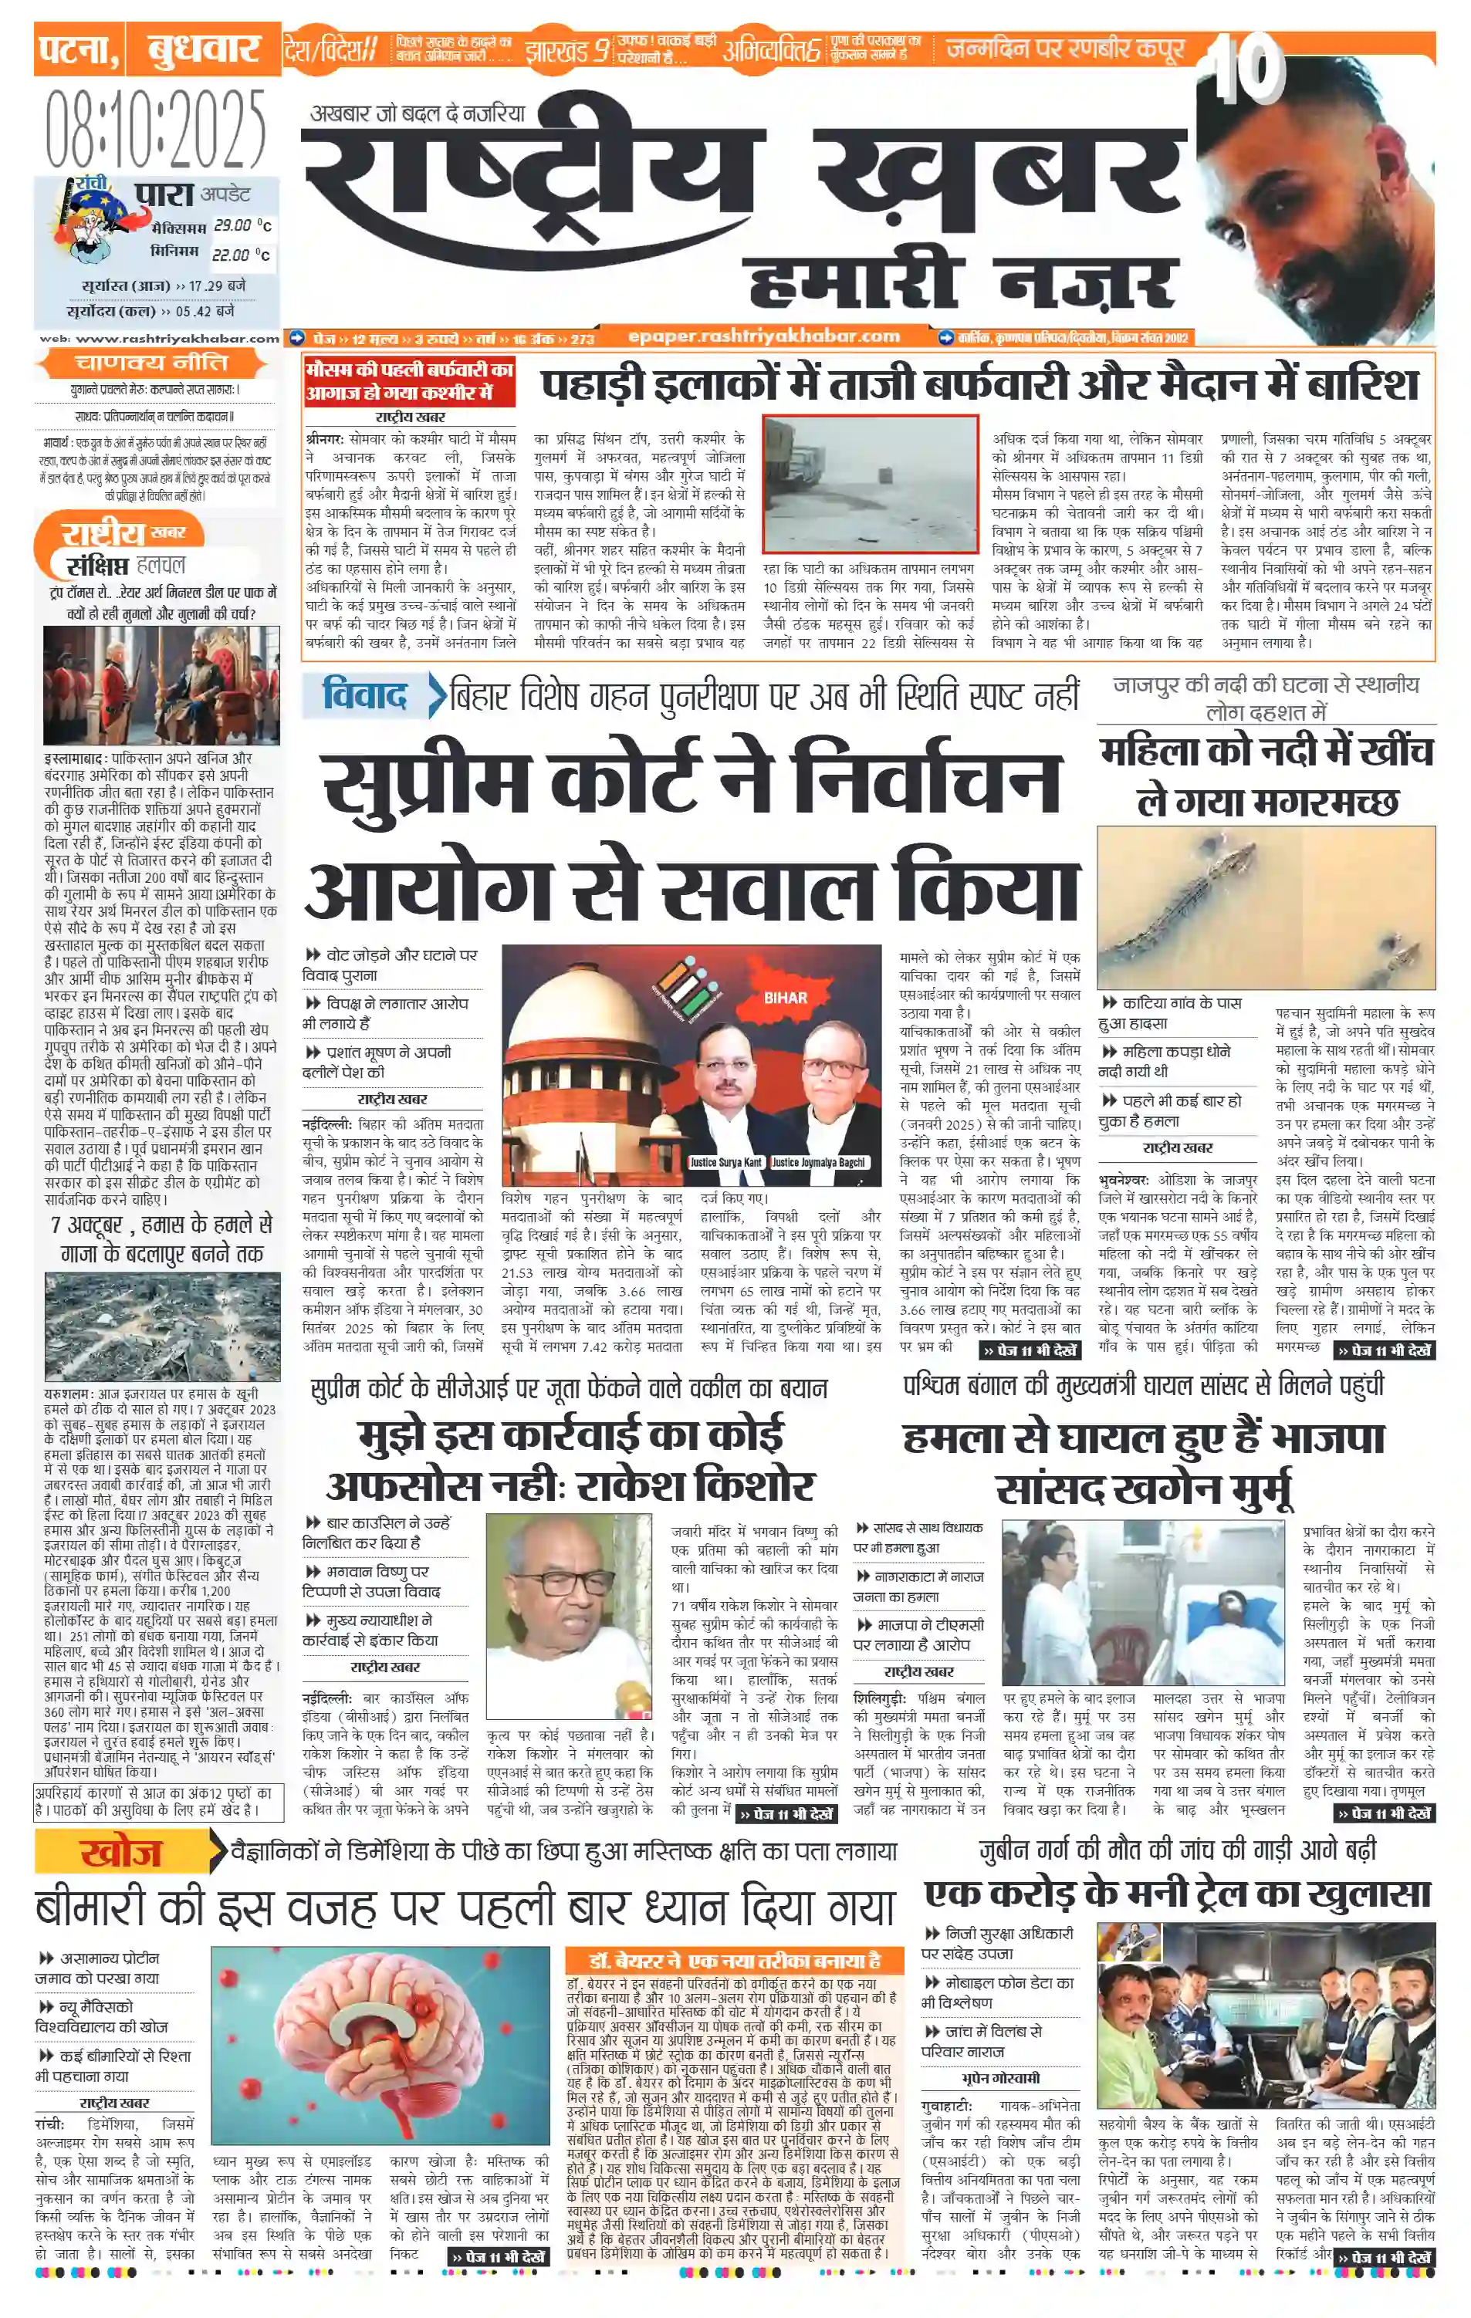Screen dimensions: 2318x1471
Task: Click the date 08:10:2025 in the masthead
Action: click(x=155, y=129)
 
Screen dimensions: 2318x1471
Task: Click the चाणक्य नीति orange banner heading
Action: click(x=152, y=363)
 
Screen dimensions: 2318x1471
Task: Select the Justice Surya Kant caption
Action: click(x=725, y=1162)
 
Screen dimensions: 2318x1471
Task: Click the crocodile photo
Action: click(x=1264, y=907)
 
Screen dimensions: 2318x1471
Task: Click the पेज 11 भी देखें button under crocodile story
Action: click(x=1385, y=1350)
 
